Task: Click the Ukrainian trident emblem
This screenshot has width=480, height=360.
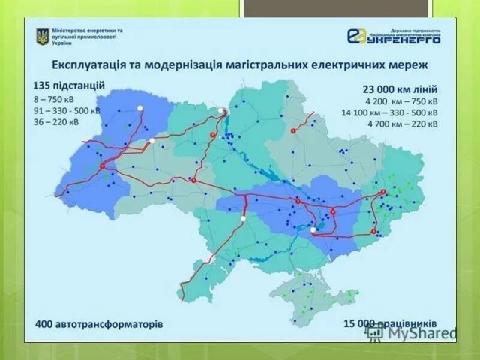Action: click(42, 37)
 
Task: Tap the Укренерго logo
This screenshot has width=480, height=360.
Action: click(393, 35)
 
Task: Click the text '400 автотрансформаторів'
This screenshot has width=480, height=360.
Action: click(99, 325)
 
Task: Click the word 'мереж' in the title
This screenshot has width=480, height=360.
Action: click(422, 61)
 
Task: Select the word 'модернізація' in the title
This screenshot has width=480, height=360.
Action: click(174, 61)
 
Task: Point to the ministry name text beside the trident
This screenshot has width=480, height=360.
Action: click(88, 37)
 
